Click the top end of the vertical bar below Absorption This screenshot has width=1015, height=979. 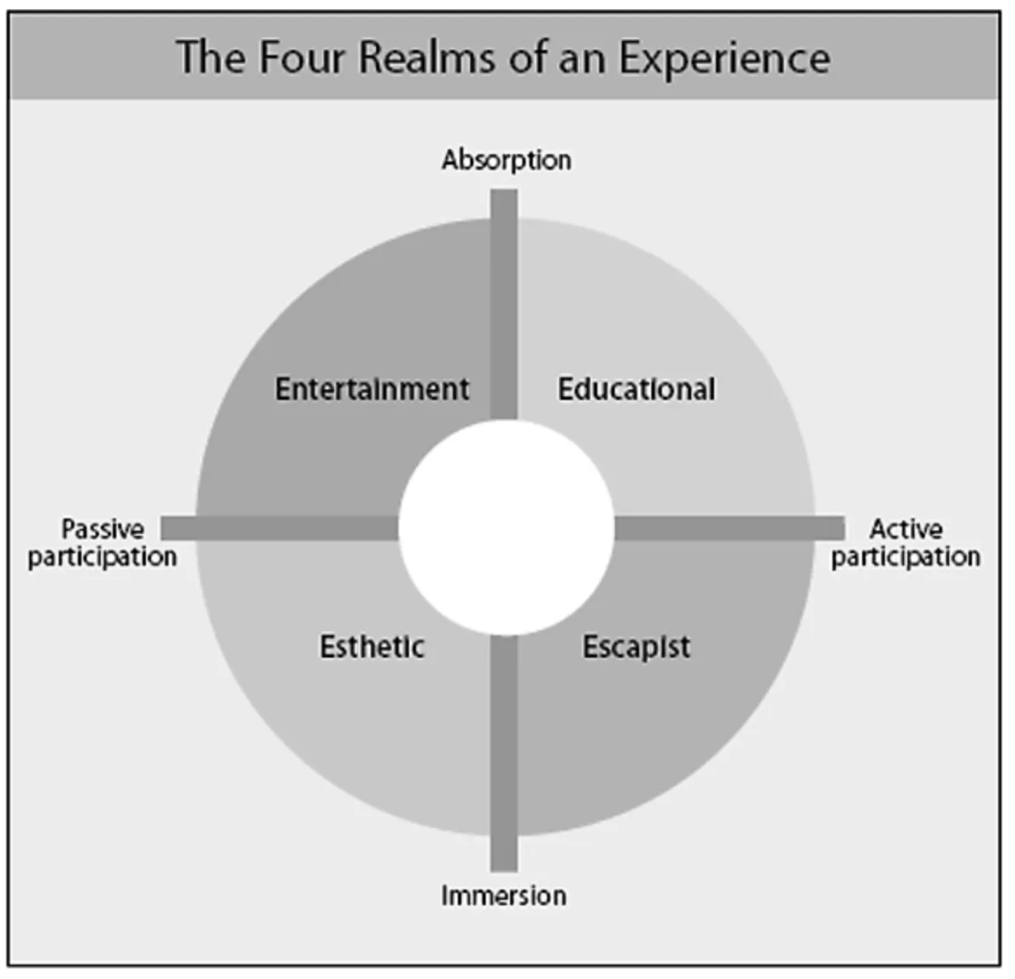pos(504,190)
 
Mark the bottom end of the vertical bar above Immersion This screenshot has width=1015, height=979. pos(504,871)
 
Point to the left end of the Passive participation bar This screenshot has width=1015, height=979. pos(162,528)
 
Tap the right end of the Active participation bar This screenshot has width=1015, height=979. pos(844,528)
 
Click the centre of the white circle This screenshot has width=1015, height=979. pos(506,528)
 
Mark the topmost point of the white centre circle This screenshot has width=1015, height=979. pos(506,420)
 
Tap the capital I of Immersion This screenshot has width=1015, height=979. pos(444,896)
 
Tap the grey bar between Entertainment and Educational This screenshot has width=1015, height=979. pos(504,304)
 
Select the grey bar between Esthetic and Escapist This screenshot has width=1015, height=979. pos(504,753)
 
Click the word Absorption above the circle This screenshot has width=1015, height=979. pos(506,160)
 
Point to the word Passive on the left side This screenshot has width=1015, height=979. pos(103,529)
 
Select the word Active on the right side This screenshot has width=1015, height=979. pos(907,529)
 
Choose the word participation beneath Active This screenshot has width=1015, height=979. pos(906,557)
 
